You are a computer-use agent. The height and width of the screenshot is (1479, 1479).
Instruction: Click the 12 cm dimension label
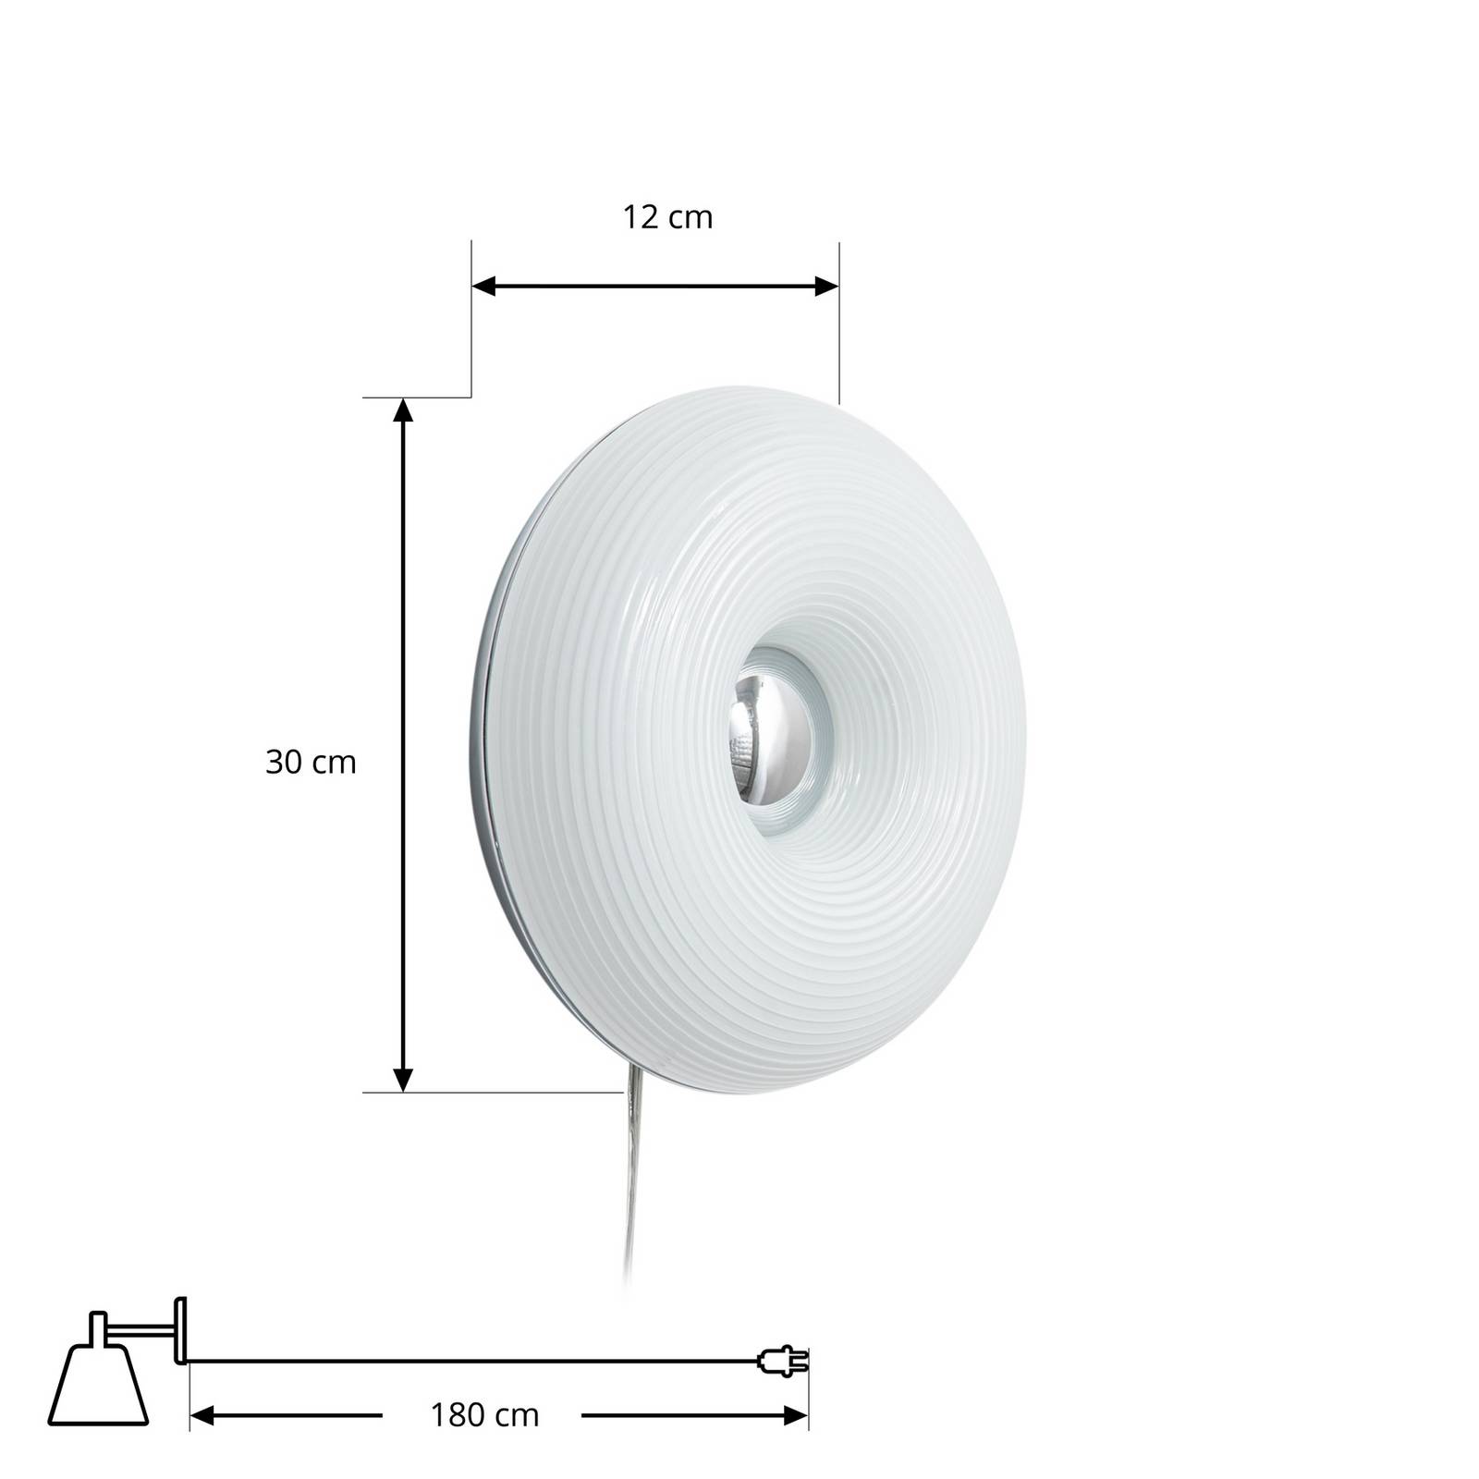click(x=667, y=217)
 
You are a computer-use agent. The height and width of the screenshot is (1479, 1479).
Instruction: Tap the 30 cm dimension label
click(x=311, y=762)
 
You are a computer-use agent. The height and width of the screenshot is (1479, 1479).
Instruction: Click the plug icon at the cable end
click(x=782, y=1361)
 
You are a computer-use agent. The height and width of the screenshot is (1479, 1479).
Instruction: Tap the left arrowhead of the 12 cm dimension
click(x=484, y=287)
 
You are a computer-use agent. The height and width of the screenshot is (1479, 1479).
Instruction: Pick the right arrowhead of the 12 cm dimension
click(x=826, y=287)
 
